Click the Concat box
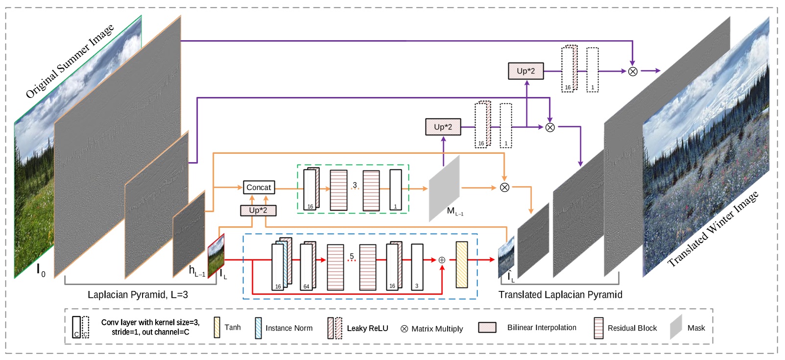[x=259, y=187]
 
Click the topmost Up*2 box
[x=525, y=71]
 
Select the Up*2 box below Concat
[x=258, y=210]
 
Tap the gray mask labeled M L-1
[x=444, y=188]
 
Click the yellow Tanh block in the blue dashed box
[x=461, y=264]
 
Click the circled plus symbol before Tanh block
[x=442, y=260]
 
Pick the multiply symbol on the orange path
[x=504, y=188]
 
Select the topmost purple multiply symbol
[x=633, y=72]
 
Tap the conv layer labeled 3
[x=417, y=266]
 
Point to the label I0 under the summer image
[x=41, y=270]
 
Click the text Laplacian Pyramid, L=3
[x=138, y=295]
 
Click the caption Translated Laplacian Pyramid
[x=560, y=295]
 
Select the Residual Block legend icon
[x=598, y=328]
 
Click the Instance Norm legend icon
[x=258, y=328]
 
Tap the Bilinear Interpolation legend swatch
[x=487, y=328]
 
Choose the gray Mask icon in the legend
[x=676, y=327]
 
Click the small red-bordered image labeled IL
[x=216, y=256]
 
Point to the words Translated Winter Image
[x=713, y=229]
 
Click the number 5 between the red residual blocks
[x=352, y=256]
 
